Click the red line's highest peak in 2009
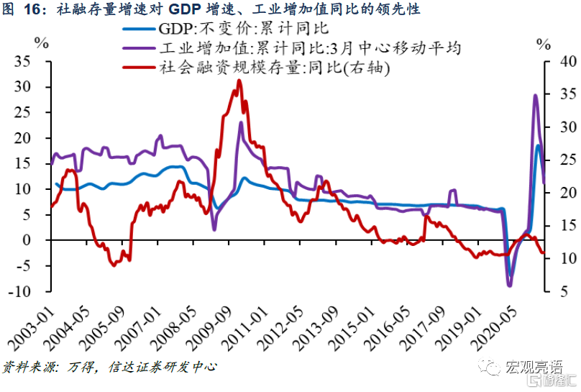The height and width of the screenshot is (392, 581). coord(239,81)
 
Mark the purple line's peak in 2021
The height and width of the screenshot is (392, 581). coord(534,96)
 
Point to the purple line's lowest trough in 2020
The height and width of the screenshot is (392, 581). coord(510,286)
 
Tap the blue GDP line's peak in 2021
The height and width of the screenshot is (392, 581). coord(537,146)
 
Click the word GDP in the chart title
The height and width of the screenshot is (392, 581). coord(189,9)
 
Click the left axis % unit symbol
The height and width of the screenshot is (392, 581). coord(41,42)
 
